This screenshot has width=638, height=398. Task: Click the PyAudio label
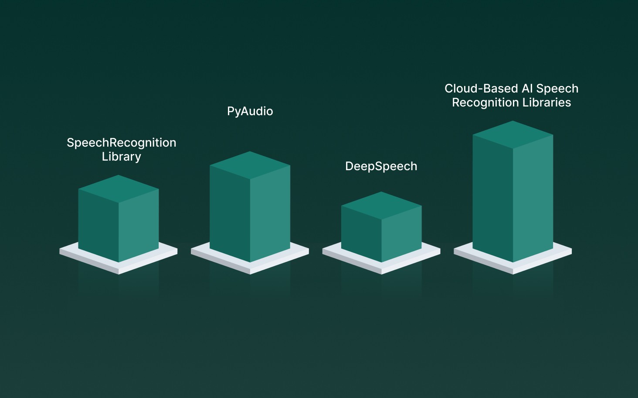coord(250,111)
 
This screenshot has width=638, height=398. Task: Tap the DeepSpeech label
coord(381,166)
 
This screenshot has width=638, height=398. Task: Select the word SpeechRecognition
coord(121,143)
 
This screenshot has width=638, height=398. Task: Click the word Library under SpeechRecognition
coord(121,157)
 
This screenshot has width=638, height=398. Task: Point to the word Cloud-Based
coord(481,89)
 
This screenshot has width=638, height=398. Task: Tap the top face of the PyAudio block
coord(250,165)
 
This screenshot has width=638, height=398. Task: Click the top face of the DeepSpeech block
coord(381,205)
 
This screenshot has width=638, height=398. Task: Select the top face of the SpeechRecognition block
coord(119,189)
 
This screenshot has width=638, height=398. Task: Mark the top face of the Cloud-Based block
coord(513,134)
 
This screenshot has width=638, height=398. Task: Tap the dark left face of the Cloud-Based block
coord(493,196)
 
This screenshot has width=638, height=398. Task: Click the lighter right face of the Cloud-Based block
coord(533,196)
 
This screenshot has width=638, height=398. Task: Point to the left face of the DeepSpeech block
coord(361,233)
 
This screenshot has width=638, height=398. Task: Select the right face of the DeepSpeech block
coord(401,233)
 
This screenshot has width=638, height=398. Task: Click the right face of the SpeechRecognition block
coord(139,225)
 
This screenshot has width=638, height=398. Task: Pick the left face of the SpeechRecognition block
coord(98,225)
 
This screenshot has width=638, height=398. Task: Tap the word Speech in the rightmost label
coord(557,89)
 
